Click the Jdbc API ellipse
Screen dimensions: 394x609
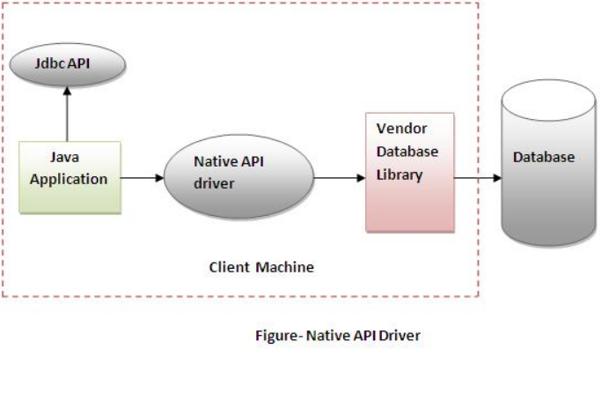[x=67, y=63]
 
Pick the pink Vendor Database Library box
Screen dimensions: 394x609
[x=410, y=171]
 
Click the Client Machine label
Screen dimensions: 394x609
[x=261, y=266]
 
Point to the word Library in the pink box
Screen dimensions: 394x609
[x=400, y=175]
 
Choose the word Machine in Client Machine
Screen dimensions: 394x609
[x=284, y=266]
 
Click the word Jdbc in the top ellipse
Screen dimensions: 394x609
[x=50, y=63]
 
